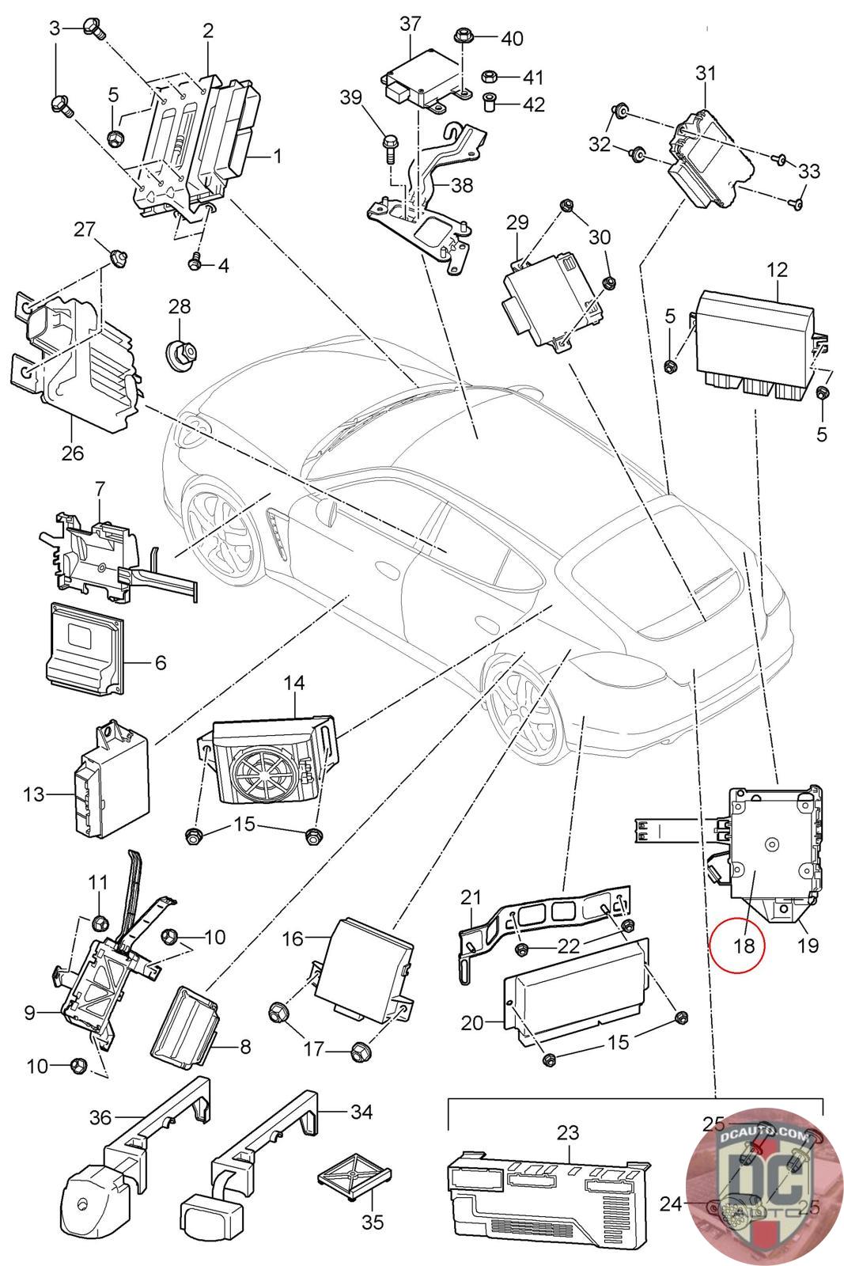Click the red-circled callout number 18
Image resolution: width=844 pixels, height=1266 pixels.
click(x=738, y=943)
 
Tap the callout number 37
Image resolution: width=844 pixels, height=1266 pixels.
click(x=411, y=24)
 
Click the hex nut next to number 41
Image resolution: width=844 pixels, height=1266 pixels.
click(x=489, y=77)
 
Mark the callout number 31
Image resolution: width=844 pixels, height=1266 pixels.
click(x=705, y=74)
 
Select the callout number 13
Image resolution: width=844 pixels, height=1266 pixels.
click(x=34, y=794)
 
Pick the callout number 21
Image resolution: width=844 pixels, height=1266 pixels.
click(x=471, y=896)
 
